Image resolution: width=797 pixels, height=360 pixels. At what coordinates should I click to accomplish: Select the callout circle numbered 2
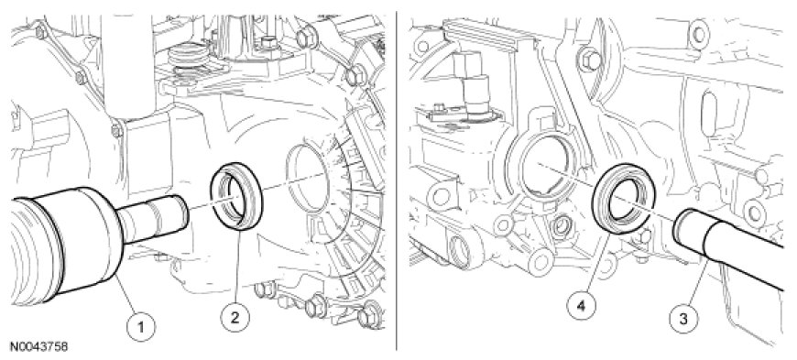click(235, 318)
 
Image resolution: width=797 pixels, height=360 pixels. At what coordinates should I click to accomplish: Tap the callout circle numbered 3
click(683, 319)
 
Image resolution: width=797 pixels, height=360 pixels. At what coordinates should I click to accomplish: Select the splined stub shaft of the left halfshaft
click(153, 220)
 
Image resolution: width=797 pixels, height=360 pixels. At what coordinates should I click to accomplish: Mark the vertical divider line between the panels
click(397, 180)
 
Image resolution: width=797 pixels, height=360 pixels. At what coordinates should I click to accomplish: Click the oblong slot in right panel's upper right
click(708, 107)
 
